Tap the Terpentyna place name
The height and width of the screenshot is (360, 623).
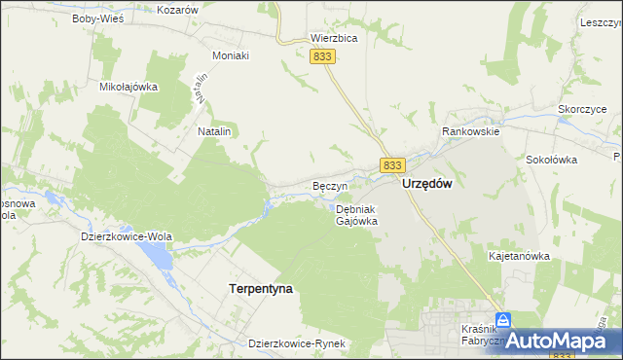click(260, 289)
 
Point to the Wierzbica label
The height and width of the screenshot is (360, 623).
click(334, 39)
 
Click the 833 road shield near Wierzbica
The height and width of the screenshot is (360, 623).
click(324, 57)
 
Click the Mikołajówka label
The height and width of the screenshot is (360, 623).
click(128, 87)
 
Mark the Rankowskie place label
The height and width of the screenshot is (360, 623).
click(470, 131)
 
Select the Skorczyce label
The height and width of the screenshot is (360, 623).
click(582, 110)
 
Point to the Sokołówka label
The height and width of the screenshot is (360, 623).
click(552, 160)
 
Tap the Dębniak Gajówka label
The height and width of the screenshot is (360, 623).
click(356, 215)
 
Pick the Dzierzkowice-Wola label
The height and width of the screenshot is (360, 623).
click(127, 234)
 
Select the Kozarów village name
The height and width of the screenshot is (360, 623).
click(177, 9)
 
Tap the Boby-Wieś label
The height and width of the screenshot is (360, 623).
click(93, 18)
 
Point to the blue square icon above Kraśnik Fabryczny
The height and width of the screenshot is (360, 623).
click(502, 319)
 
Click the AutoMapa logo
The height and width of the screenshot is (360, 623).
click(560, 339)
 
